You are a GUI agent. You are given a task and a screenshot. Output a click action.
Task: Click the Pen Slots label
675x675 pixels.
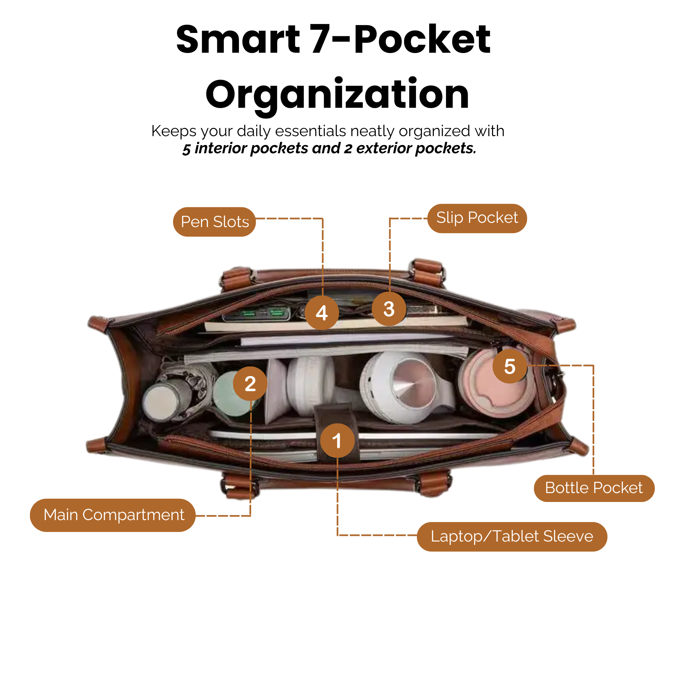tap(214, 222)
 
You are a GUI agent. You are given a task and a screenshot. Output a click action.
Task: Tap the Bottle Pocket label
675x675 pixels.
tap(594, 488)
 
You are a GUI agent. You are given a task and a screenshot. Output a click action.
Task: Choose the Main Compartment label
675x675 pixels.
tap(112, 515)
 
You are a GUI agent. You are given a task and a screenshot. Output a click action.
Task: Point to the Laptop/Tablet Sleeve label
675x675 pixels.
tap(512, 537)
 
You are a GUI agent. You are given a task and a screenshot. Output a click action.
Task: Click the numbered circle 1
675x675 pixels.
tap(337, 441)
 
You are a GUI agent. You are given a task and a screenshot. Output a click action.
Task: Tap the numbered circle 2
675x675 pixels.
tap(250, 384)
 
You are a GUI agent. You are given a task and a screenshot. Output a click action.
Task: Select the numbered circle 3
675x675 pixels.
tap(389, 309)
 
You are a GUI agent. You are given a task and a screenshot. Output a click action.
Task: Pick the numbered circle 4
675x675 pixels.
tap(322, 312)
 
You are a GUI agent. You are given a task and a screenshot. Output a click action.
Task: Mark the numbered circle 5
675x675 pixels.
tap(510, 366)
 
